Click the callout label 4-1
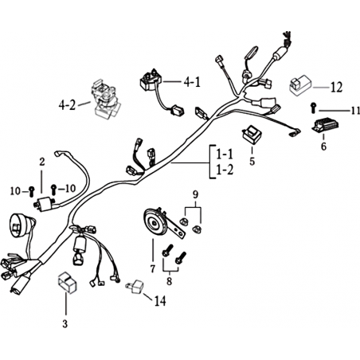click(x=192, y=83)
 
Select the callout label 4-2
click(x=67, y=105)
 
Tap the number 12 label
click(x=336, y=88)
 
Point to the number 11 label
click(x=355, y=111)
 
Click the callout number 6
click(x=323, y=147)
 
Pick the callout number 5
click(x=252, y=161)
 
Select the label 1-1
click(x=225, y=154)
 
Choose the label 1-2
click(x=225, y=170)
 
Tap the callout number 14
click(x=160, y=301)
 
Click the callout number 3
click(x=65, y=323)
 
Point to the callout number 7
click(x=152, y=269)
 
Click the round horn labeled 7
click(x=158, y=222)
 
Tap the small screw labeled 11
click(x=313, y=108)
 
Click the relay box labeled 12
click(x=300, y=85)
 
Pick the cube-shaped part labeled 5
click(x=251, y=135)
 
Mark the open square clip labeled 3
click(x=68, y=283)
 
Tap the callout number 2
click(x=42, y=162)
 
